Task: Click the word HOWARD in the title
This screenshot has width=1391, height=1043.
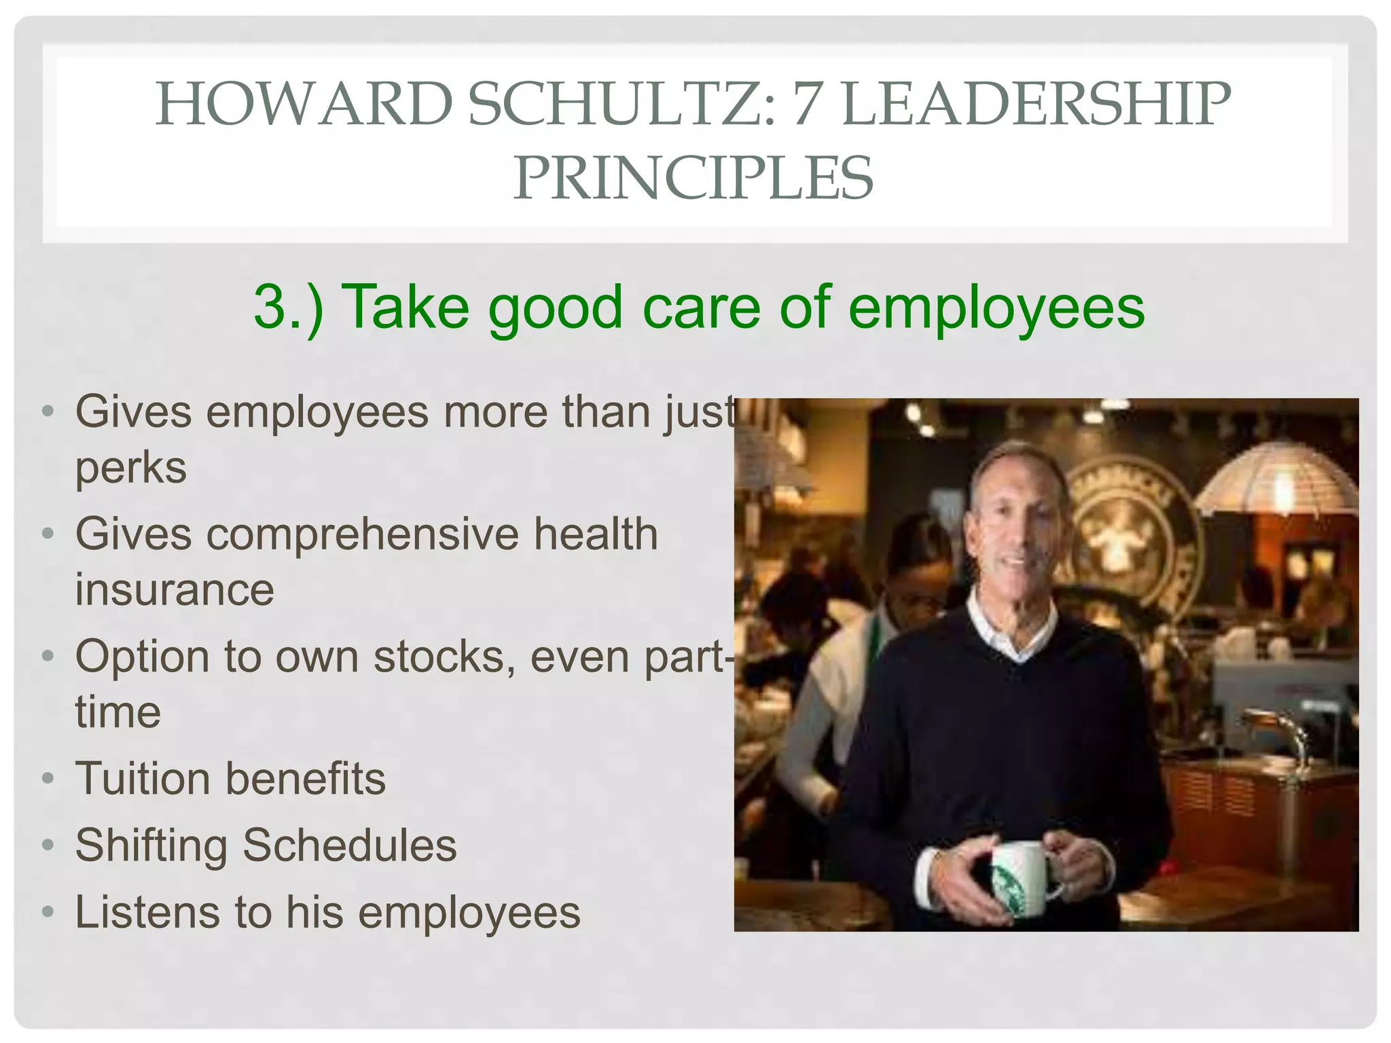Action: (304, 105)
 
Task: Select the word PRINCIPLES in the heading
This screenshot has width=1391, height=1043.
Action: (693, 178)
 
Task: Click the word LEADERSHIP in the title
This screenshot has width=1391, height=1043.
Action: (1035, 105)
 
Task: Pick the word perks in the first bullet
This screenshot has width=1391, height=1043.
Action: (130, 468)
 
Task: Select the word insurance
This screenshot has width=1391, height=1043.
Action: (175, 589)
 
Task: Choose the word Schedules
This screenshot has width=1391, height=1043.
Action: (350, 845)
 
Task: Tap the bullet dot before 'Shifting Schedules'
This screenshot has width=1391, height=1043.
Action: (47, 845)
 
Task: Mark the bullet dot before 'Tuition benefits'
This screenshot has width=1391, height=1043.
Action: (47, 778)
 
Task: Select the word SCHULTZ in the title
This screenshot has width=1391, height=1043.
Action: (621, 105)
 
